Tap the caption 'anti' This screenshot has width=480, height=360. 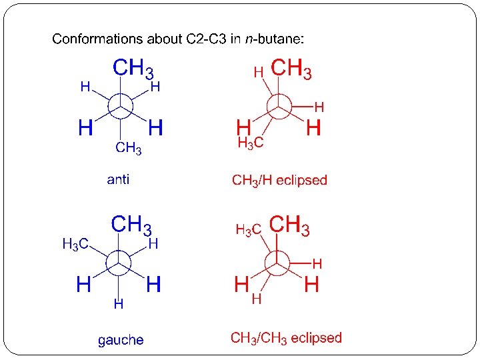pos(119,179)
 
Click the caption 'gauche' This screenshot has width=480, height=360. pos(121,340)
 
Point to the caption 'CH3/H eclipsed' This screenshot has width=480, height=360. pos(279,180)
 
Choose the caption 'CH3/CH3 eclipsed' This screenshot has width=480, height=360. pos(286,337)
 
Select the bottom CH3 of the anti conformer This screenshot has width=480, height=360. pos(129,148)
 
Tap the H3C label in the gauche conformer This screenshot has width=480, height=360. pos(75,245)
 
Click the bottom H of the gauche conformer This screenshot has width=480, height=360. pos(118,305)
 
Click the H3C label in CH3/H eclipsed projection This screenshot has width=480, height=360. pos(250,142)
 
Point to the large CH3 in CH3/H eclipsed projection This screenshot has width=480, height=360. pos(291,69)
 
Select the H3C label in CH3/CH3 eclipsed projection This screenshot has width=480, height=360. pos(248,231)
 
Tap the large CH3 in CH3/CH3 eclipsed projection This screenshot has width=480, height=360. pos(289,225)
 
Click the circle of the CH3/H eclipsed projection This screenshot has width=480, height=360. pos(279,105)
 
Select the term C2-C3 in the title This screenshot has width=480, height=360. pos(201,39)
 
